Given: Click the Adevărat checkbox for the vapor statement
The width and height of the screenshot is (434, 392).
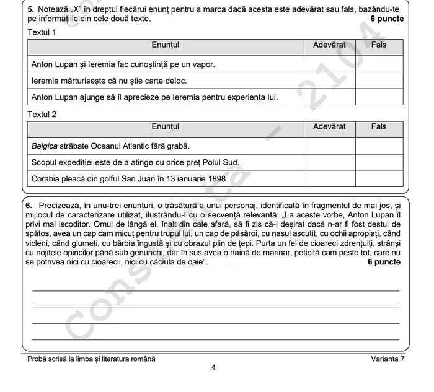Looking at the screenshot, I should click(x=329, y=64).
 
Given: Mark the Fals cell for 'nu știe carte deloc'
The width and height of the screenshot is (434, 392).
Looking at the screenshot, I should click(x=379, y=81).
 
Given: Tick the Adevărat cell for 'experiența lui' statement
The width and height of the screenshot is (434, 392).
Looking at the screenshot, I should click(x=329, y=97).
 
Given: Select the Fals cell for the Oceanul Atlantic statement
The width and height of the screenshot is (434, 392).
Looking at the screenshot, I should click(x=379, y=146).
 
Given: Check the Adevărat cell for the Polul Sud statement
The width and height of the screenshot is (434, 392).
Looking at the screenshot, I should click(x=329, y=162).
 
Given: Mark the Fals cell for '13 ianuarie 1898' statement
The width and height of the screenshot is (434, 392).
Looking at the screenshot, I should click(x=379, y=178).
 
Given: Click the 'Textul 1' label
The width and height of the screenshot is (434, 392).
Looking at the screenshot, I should click(x=42, y=32).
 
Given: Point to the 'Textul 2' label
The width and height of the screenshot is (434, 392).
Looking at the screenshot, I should click(x=42, y=115).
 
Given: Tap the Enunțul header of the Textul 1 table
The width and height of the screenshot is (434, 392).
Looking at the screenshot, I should click(x=165, y=45).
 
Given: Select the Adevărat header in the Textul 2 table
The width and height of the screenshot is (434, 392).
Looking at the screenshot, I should click(x=329, y=127).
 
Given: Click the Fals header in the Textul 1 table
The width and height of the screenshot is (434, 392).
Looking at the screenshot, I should click(x=379, y=45).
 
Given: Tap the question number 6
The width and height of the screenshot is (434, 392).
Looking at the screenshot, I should click(x=29, y=205).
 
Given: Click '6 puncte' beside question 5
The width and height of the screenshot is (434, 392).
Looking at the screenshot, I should click(x=387, y=19).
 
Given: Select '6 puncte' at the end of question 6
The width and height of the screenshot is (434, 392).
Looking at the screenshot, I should click(x=384, y=263).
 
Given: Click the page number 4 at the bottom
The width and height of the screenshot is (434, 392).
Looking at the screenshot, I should click(x=213, y=367).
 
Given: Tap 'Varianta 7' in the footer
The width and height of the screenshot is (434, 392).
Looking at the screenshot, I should click(x=387, y=359).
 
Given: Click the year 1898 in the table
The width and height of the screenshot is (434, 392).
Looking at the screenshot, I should click(x=218, y=179).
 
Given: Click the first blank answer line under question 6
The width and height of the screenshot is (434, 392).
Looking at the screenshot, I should click(x=215, y=290).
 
